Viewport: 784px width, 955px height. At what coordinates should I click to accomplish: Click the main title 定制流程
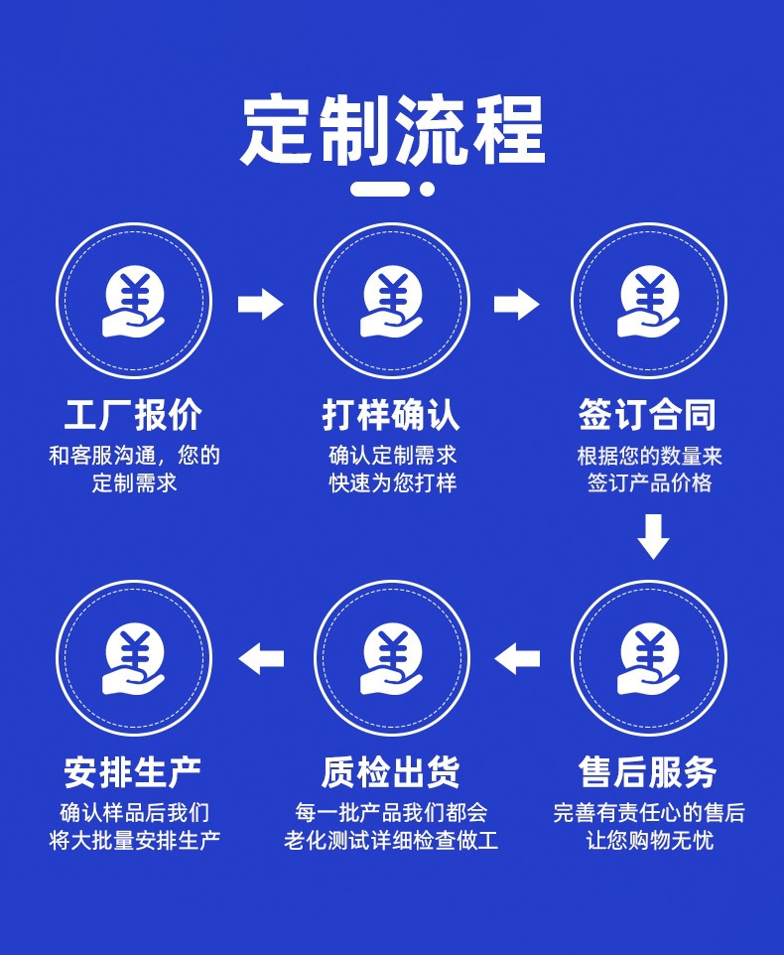click(392, 130)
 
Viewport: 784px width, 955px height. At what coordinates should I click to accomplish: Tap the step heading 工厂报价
click(133, 415)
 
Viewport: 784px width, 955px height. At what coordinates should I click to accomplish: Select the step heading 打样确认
click(391, 415)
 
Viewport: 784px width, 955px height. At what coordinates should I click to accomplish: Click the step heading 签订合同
click(648, 415)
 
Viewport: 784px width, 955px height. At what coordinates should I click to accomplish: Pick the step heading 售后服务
click(648, 772)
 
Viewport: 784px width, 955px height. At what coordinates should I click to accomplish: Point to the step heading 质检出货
click(391, 772)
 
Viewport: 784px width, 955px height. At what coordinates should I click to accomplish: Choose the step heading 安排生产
click(133, 772)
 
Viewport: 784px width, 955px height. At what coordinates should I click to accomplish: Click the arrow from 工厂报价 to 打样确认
click(261, 304)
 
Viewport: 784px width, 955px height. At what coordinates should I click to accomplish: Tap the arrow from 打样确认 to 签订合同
click(517, 304)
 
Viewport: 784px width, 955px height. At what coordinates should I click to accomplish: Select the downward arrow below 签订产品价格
click(653, 537)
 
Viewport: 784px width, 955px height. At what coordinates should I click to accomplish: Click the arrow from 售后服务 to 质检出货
click(517, 659)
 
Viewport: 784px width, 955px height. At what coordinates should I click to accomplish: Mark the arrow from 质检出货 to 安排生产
click(261, 659)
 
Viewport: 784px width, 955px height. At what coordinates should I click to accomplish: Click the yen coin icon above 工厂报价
click(133, 301)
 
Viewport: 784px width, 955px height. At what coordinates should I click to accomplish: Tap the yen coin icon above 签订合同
click(649, 301)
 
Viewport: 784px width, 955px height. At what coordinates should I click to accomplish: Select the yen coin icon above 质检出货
click(391, 659)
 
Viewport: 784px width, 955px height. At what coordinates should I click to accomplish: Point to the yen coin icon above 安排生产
click(133, 659)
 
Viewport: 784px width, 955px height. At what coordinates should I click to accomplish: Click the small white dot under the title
click(428, 189)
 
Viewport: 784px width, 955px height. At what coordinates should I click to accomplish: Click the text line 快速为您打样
click(393, 483)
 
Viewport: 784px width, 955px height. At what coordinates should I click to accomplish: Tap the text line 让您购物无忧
click(649, 841)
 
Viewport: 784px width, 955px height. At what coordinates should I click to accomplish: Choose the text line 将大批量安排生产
click(135, 841)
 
